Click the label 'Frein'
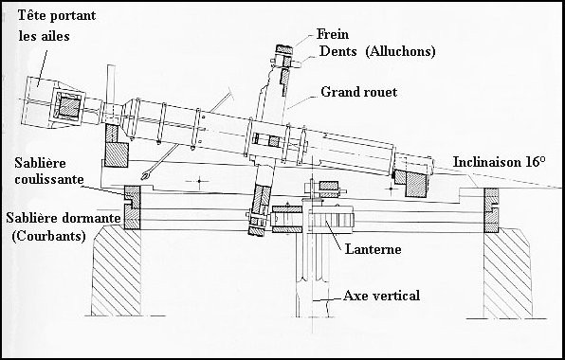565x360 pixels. pyautogui.click(x=333, y=34)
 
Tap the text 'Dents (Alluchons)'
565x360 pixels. pyautogui.click(x=377, y=51)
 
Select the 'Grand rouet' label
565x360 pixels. pyautogui.click(x=359, y=92)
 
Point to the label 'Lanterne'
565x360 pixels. pyautogui.click(x=373, y=249)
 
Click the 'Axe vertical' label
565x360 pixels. pyautogui.click(x=382, y=296)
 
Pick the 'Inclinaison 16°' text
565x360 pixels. pyautogui.click(x=499, y=162)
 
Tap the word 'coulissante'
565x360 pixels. pyautogui.click(x=49, y=179)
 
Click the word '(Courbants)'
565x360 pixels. pyautogui.click(x=48, y=237)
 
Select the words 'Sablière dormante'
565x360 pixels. pyautogui.click(x=64, y=218)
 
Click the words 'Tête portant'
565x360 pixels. pyautogui.click(x=57, y=16)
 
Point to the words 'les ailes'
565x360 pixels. pyautogui.click(x=44, y=36)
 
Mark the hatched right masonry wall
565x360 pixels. pyautogui.click(x=507, y=275)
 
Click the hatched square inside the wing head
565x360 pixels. pyautogui.click(x=69, y=107)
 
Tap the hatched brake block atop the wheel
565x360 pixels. pyautogui.click(x=284, y=49)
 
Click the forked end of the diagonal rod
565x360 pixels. pyautogui.click(x=145, y=175)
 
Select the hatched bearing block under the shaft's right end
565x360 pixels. pyautogui.click(x=415, y=185)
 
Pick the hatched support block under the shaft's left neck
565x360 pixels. pyautogui.click(x=116, y=154)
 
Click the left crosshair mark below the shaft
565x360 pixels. pyautogui.click(x=198, y=181)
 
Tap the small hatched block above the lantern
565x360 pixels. pyautogui.click(x=329, y=186)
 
